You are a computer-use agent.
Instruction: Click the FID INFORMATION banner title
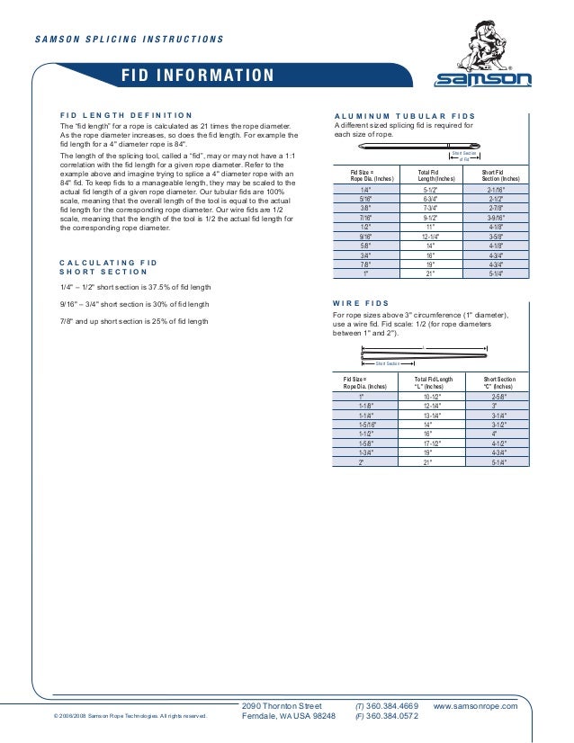pos(198,76)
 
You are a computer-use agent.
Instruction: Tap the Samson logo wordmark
pos(484,79)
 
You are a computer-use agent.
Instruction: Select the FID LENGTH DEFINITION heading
pos(125,115)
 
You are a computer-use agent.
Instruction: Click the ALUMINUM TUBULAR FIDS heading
pos(404,117)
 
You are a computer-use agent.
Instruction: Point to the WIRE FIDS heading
pos(361,303)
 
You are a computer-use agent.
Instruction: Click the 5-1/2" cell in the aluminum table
pos(430,191)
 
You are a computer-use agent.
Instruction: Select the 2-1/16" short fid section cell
pos(494,191)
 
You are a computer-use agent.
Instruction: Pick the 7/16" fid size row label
pos(366,218)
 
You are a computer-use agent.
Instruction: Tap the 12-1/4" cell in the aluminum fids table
pos(430,237)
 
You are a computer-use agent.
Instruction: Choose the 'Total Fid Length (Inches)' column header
pos(430,175)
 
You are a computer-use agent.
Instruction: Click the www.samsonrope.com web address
pos(475,707)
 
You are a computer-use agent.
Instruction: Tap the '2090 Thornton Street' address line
pos(282,707)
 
